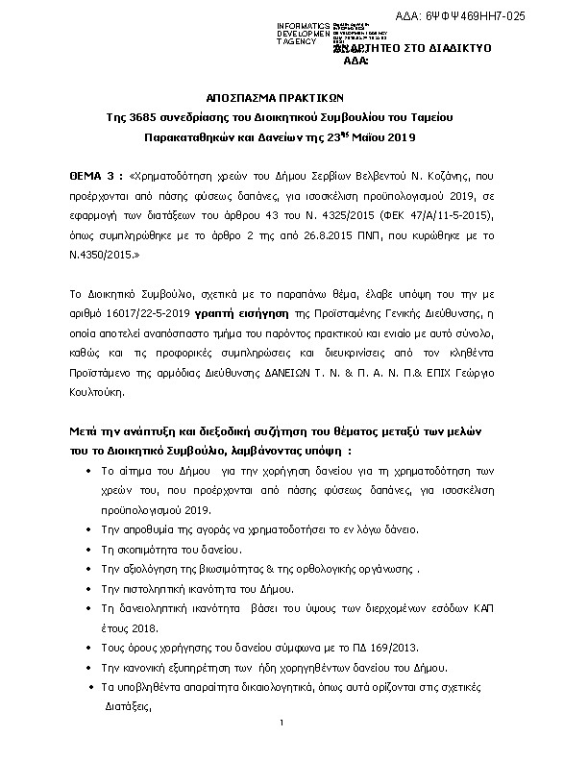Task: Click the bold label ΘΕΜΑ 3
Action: tap(95, 178)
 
